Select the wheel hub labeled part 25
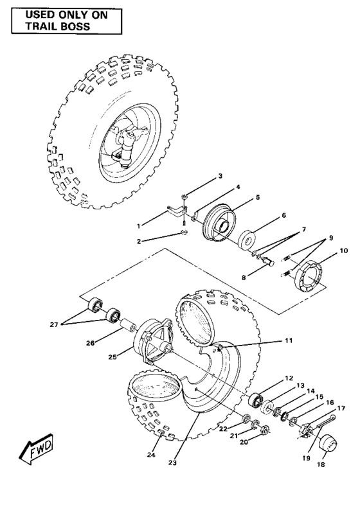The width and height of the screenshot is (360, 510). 150,339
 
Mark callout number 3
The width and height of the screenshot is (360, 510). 219,175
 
